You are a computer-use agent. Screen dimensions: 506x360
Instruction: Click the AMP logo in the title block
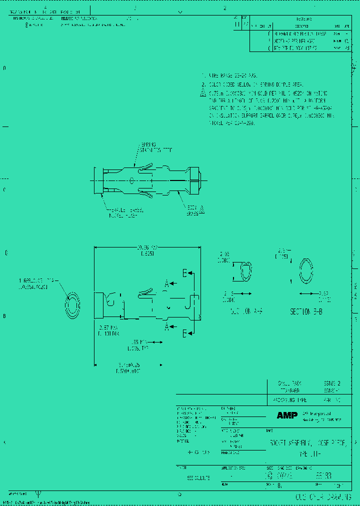click(x=287, y=415)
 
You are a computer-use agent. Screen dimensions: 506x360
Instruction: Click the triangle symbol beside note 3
click(x=203, y=93)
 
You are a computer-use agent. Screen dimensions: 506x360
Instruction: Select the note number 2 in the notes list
click(x=203, y=85)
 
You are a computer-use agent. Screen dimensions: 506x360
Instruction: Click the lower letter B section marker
click(x=184, y=333)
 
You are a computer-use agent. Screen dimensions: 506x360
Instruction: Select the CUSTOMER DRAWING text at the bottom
click(x=320, y=497)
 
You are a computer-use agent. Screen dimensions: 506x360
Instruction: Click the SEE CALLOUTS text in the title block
click(x=199, y=477)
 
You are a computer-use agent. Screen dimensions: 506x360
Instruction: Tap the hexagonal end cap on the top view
click(x=195, y=178)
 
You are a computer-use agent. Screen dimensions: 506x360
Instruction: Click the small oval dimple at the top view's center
click(x=131, y=180)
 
